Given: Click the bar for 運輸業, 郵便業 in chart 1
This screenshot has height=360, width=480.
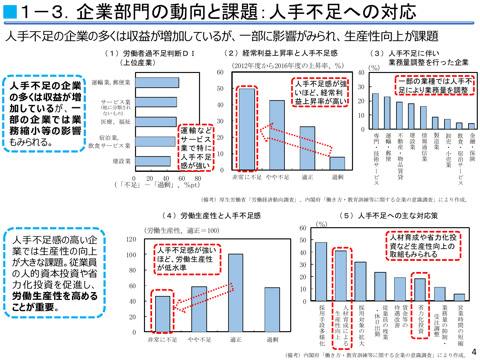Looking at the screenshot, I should click(x=157, y=83).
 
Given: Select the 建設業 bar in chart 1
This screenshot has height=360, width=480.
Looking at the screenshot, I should click(x=153, y=161).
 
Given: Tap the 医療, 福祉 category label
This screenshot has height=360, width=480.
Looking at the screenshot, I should click(x=116, y=122).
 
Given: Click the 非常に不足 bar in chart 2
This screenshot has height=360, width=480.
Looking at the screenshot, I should click(x=247, y=129).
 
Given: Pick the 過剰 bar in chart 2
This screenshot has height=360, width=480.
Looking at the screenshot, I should click(x=337, y=164).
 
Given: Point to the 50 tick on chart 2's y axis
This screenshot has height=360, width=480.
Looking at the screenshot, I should click(x=220, y=89).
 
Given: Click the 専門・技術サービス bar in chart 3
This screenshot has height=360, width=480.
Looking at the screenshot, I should click(x=375, y=111).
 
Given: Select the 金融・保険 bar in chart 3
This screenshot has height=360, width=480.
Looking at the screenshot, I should click(x=471, y=126).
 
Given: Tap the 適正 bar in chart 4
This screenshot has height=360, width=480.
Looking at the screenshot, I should click(x=236, y=293).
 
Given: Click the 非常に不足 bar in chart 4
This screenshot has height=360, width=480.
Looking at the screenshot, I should click(x=163, y=314).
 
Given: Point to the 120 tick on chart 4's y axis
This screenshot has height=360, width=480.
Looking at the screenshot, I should click(x=131, y=239).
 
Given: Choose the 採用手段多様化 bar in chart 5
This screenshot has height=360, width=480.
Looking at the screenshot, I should click(x=321, y=271).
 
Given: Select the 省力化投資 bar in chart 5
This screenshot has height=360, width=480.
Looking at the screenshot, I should click(x=420, y=290).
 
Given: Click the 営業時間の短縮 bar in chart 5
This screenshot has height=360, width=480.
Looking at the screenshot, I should click(x=459, y=297).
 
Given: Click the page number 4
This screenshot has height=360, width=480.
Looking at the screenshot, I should click(x=474, y=352).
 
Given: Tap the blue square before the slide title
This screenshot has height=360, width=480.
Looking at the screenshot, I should click(x=10, y=12).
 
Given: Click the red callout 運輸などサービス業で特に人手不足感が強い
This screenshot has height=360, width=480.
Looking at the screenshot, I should click(x=196, y=148).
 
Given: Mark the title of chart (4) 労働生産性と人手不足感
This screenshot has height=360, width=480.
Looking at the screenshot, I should click(x=212, y=216).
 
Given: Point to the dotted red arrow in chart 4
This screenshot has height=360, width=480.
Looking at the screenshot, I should click(x=205, y=298).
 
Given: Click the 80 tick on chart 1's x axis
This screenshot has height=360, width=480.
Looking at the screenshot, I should click(x=198, y=179).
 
